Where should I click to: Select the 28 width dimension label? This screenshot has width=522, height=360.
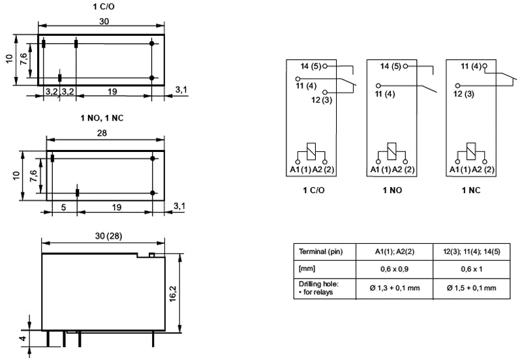[104, 132]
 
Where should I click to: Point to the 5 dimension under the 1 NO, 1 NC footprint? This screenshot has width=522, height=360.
[63, 207]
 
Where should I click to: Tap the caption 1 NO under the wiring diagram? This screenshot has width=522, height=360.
[390, 190]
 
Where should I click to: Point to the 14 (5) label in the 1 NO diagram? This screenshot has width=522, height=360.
[390, 66]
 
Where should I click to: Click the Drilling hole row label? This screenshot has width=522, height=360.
[318, 288]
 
